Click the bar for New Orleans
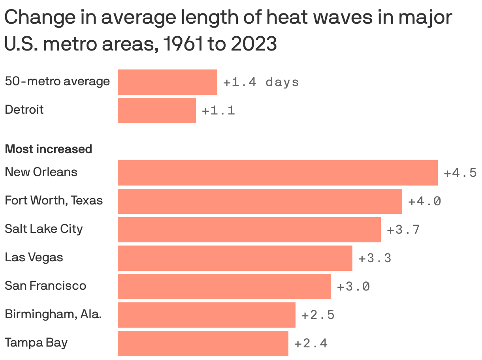pos(277,173)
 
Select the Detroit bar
pos(156,111)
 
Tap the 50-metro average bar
pos(167,82)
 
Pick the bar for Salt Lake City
pos(249,230)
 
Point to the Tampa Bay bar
pos(203,343)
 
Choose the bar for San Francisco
pos(224,287)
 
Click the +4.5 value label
pos(460,173)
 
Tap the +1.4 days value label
pos(261,82)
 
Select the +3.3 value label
pos(375,258)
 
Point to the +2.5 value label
pos(318,315)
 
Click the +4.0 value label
pos(424,201)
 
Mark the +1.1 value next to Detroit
pos(218,111)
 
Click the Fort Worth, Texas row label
pos(54,201)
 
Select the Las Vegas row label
pos(34,257)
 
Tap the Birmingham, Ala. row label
pos(53,314)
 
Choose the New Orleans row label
pos(41,172)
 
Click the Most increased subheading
pos(48,149)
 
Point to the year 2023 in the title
pos(254,44)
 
